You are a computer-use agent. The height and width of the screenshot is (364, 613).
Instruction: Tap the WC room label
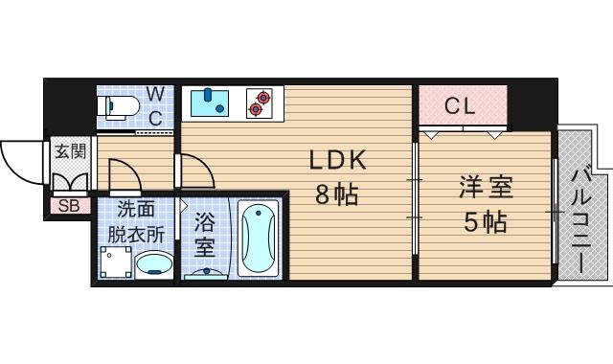pyautogui.click(x=155, y=105)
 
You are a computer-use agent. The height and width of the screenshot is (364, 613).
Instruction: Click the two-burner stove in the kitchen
pyautogui.click(x=258, y=102)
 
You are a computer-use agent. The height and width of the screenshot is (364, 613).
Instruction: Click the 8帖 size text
pyautogui.click(x=337, y=194)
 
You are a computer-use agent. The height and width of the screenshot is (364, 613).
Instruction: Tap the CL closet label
pyautogui.click(x=460, y=106)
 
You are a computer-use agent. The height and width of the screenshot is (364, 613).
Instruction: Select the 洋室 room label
pyautogui.click(x=484, y=187)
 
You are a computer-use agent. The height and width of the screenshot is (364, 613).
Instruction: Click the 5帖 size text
pyautogui.click(x=484, y=223)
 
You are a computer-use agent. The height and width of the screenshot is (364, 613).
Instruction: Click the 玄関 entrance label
pyautogui.click(x=69, y=150)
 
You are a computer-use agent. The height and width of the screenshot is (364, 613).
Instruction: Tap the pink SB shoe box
pyautogui.click(x=69, y=205)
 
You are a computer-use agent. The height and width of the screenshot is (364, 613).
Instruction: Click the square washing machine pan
pyautogui.click(x=114, y=262)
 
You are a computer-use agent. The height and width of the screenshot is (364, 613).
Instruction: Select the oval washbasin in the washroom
pyautogui.click(x=153, y=263)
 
